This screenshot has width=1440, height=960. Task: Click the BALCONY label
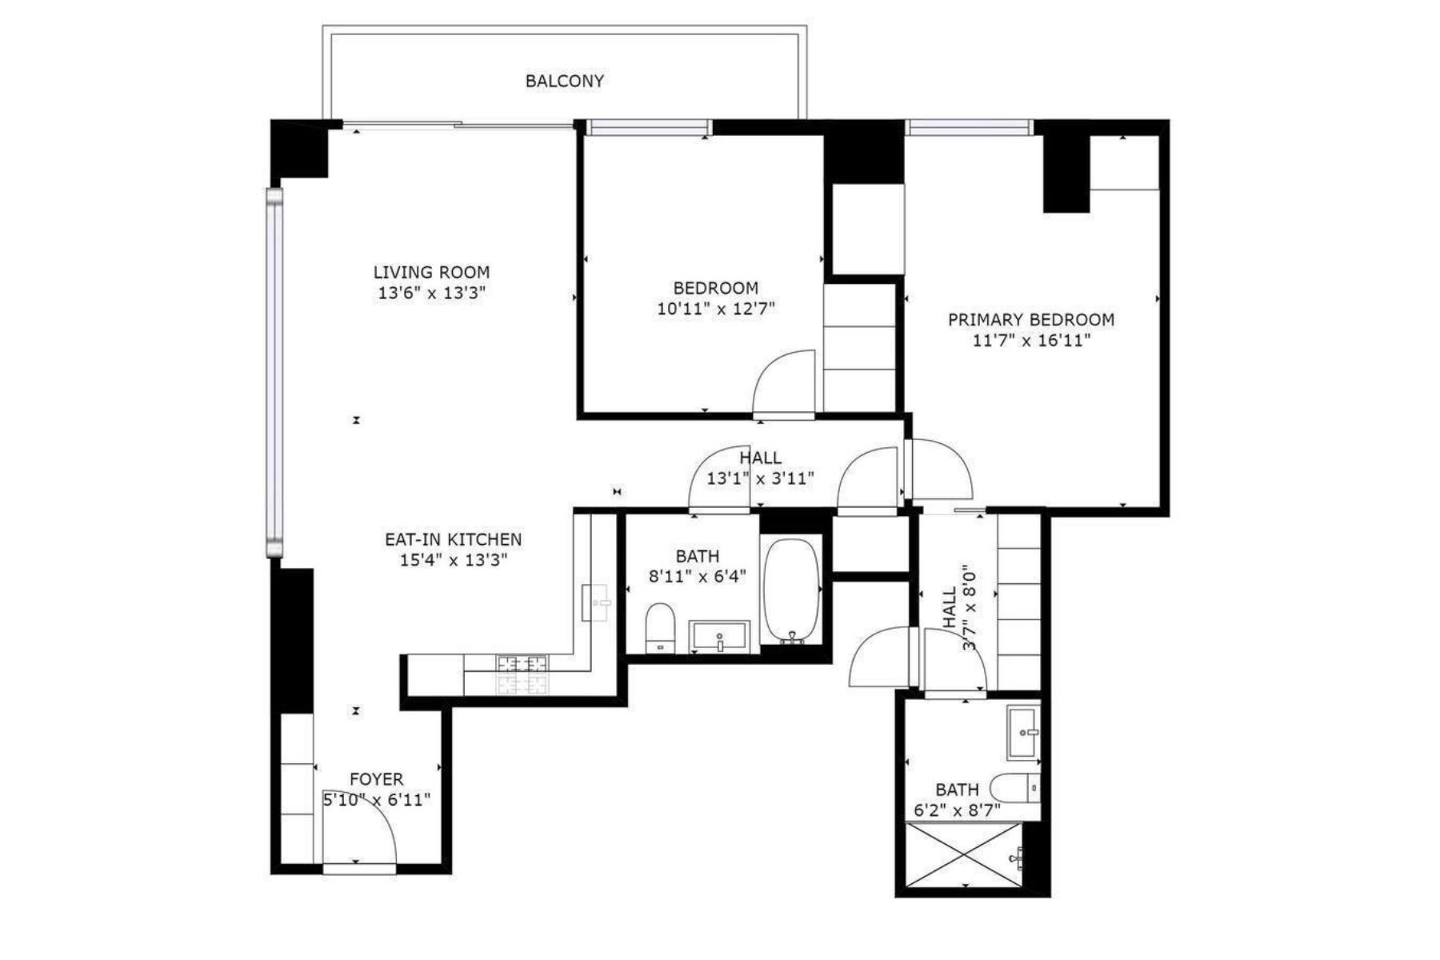tap(564, 81)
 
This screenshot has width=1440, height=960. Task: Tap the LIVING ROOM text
tap(432, 272)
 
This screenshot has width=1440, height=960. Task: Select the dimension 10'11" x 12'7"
tap(716, 309)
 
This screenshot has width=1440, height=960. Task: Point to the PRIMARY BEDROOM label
tap(1031, 319)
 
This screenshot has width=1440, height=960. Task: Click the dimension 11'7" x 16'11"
tap(1031, 340)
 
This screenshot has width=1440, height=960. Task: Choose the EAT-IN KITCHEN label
tap(454, 539)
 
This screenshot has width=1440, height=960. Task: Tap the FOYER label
tap(377, 778)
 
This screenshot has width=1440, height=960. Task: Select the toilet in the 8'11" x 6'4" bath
tap(661, 629)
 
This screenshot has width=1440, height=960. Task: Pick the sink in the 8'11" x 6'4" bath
tap(721, 637)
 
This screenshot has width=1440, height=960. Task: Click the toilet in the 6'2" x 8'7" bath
tap(1015, 789)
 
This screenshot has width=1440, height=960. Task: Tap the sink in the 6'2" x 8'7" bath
tap(1023, 731)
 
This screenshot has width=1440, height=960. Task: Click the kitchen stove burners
tap(522, 674)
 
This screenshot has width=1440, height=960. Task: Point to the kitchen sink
tap(598, 602)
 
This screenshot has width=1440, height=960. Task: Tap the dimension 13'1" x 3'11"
tap(760, 478)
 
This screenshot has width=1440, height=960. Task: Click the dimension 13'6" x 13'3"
tap(432, 293)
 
